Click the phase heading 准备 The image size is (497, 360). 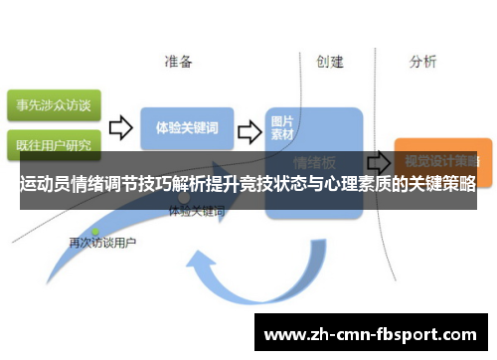179,62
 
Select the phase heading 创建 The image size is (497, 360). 330,62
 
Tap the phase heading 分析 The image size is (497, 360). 422,62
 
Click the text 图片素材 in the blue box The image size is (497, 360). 283,127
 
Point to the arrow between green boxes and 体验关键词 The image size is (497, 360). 121,127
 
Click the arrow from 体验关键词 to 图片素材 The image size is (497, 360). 251,129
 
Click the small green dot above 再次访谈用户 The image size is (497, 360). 96,231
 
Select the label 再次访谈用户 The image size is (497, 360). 101,243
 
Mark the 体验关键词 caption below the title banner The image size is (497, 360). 196,212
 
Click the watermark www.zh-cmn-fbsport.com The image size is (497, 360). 374,335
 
